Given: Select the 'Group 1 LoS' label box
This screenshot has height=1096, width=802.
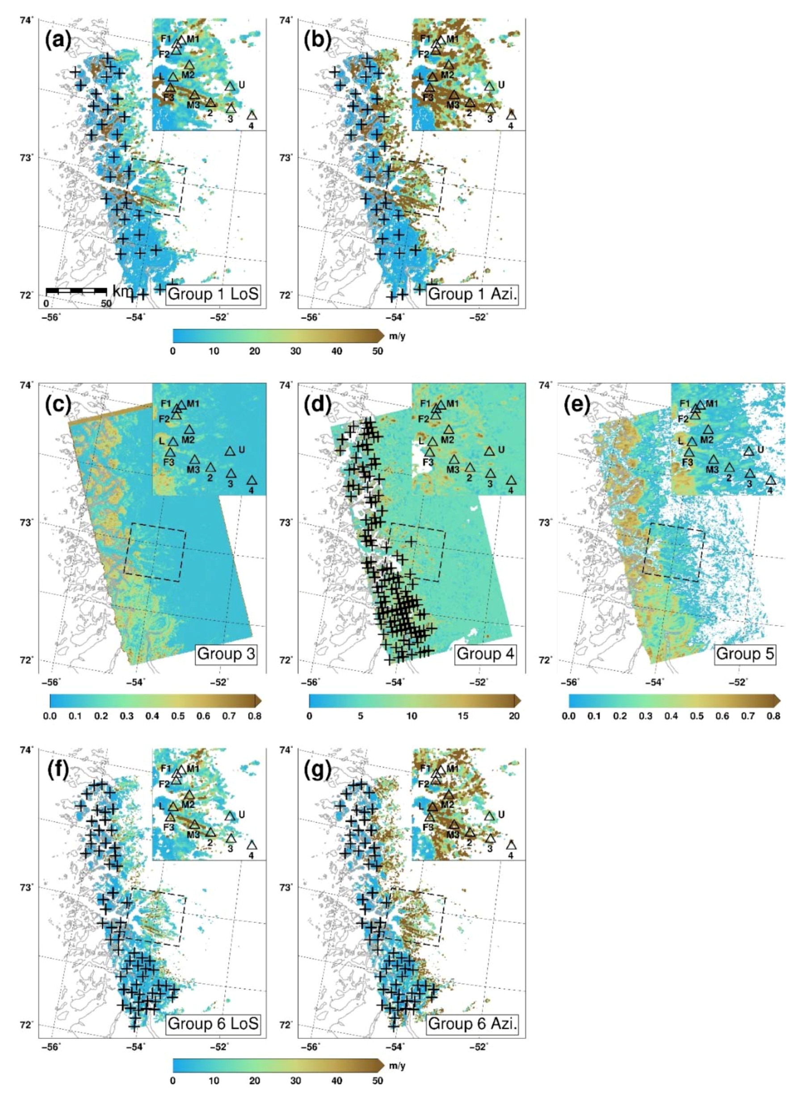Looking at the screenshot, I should pos(214,295).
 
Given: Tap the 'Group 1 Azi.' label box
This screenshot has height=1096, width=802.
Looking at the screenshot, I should pos(473,295).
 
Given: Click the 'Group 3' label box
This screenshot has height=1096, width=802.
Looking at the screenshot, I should pos(226,654).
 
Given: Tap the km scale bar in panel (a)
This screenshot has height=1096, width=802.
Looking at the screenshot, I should pos(76,291).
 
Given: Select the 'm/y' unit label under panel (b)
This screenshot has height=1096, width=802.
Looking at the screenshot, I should pos(397,336).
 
